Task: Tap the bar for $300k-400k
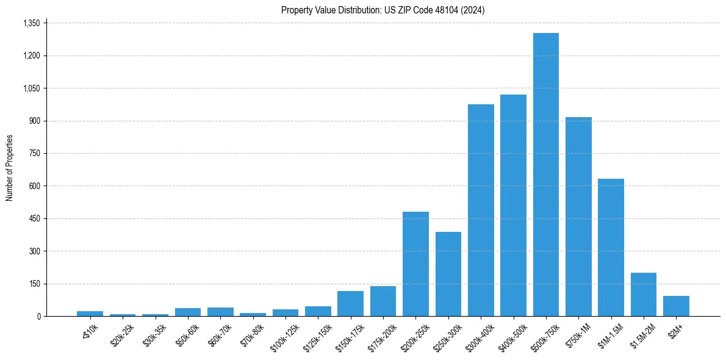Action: (x=481, y=210)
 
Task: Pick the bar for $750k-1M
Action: (x=578, y=217)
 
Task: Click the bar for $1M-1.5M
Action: (x=611, y=247)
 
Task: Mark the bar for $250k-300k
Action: (x=448, y=274)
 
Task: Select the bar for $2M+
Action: (x=676, y=306)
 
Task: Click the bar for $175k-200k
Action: (x=383, y=301)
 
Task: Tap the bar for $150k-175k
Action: (x=350, y=304)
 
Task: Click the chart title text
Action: (x=383, y=10)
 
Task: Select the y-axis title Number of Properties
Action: (x=10, y=168)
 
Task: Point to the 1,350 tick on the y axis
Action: (x=31, y=23)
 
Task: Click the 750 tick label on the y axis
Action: (x=34, y=153)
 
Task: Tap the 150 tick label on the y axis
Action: (x=34, y=284)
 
